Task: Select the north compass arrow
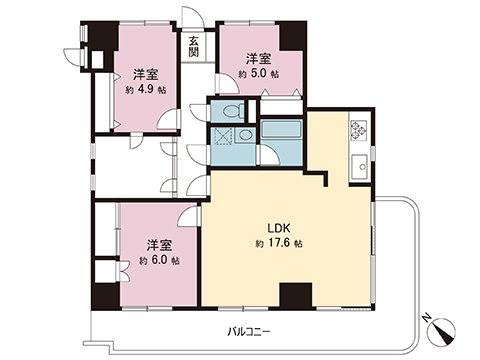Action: coord(444,325)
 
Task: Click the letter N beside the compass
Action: coord(428,319)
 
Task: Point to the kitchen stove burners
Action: coord(359,130)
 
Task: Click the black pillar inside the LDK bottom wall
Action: coord(292,297)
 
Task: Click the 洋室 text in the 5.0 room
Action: coord(258,57)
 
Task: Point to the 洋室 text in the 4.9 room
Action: coord(145,73)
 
